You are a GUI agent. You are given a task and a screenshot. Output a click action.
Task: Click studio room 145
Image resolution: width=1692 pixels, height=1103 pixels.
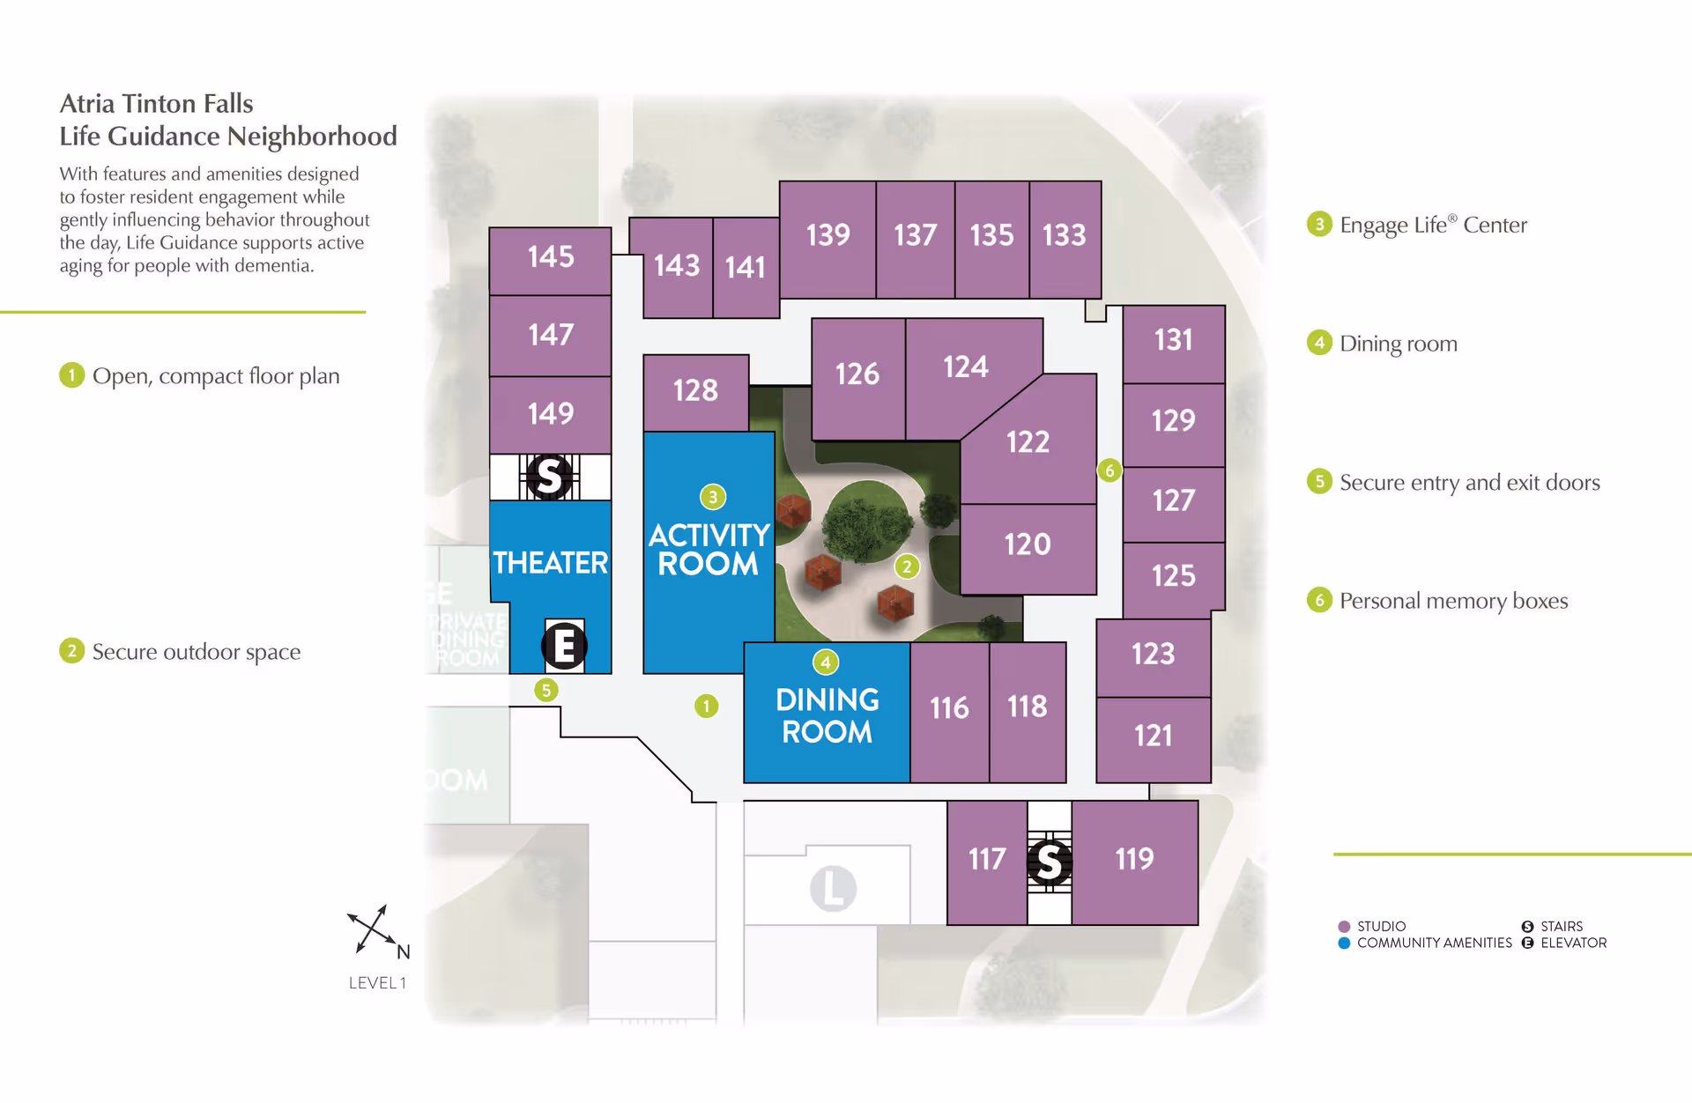(551, 257)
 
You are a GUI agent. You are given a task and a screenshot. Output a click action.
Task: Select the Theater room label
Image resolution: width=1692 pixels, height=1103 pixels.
(551, 563)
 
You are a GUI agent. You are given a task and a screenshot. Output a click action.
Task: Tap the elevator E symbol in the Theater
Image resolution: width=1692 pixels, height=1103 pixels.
(565, 646)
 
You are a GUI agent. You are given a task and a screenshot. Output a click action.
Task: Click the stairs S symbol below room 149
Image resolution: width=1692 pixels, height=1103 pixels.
(549, 477)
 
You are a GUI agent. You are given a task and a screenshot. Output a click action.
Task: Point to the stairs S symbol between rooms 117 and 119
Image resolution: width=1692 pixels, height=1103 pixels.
(1050, 862)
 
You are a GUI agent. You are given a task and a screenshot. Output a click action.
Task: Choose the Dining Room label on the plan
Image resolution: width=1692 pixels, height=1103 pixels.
(827, 715)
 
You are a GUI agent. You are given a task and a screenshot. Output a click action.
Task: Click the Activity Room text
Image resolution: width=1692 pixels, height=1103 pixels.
(709, 549)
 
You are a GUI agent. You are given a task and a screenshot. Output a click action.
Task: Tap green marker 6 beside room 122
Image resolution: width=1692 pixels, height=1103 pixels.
(1109, 470)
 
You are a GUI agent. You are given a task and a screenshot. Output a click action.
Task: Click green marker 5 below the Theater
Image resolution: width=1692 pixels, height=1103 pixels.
(546, 690)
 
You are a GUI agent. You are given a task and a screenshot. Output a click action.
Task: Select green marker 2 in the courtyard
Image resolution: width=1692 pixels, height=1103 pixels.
(907, 566)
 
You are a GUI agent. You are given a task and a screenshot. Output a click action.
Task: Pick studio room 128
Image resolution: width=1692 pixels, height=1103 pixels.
(695, 390)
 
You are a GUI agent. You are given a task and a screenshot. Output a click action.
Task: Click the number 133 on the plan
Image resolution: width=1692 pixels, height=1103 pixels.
(1065, 235)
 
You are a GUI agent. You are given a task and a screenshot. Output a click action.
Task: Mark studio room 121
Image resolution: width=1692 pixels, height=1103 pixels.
(1153, 736)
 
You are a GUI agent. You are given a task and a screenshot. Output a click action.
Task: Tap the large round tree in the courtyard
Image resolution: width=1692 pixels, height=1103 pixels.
(867, 522)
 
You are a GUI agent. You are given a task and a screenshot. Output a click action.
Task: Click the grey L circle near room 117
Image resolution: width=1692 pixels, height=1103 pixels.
(833, 888)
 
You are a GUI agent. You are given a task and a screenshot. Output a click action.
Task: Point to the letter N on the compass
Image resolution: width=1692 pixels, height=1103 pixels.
(404, 951)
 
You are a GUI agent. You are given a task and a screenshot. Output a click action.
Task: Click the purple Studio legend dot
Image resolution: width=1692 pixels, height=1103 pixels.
(1344, 927)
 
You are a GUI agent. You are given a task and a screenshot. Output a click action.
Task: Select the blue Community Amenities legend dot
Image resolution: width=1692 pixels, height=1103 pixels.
(1344, 943)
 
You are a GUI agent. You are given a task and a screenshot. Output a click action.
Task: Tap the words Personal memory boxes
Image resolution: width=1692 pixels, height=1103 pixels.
(1453, 601)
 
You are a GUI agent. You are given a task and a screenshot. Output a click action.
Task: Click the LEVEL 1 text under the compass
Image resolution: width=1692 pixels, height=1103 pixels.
(377, 983)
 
